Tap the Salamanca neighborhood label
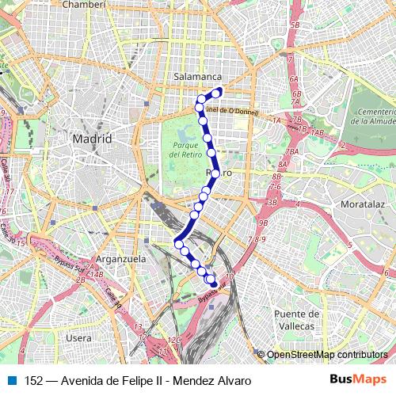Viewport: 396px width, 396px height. click(x=197, y=76)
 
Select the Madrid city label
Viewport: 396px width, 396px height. click(x=92, y=139)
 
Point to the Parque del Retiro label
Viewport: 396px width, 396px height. click(x=182, y=151)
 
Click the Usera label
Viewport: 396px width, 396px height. click(x=79, y=337)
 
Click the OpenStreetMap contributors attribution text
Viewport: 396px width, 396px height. click(x=326, y=355)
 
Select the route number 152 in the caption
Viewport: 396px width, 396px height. click(x=33, y=380)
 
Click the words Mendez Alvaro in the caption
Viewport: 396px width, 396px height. click(x=215, y=380)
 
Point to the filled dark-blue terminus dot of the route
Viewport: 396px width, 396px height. click(x=213, y=283)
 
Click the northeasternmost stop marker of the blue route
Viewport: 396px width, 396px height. click(x=217, y=93)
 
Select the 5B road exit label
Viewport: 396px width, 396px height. click(x=295, y=26)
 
